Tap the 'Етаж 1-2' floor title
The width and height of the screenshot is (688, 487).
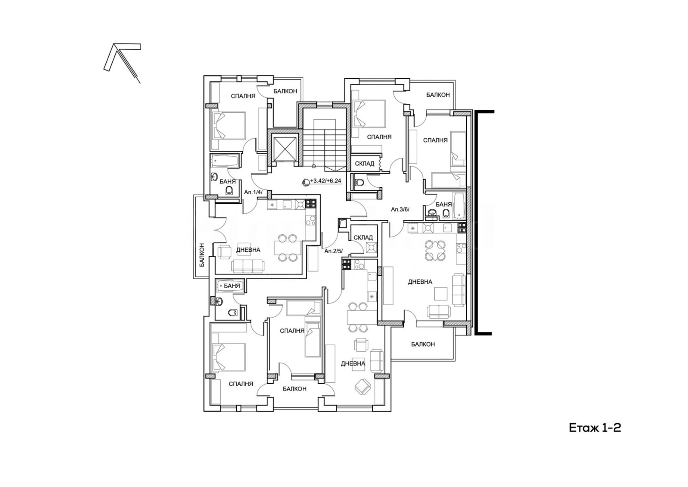(595, 428)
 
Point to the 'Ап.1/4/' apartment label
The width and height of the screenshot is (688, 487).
(253, 192)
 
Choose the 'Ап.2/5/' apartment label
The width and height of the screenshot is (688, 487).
(334, 251)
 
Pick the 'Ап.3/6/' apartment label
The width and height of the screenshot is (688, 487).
(400, 210)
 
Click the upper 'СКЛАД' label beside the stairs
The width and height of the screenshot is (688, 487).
(365, 164)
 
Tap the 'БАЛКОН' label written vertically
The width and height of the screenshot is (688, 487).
(202, 255)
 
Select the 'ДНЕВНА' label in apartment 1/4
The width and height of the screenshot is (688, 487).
(248, 250)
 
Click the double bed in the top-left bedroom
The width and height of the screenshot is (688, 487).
(229, 126)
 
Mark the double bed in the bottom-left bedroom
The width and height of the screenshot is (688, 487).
(228, 357)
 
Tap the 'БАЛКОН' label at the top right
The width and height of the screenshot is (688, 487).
(438, 95)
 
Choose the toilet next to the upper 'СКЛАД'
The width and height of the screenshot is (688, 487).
(359, 183)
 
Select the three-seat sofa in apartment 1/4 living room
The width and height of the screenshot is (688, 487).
(248, 266)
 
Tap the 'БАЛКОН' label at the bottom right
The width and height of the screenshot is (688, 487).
(423, 344)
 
